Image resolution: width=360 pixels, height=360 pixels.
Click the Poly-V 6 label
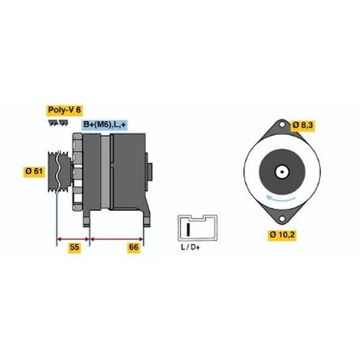tap(65, 110)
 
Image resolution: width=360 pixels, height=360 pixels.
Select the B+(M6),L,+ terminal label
tap(105, 125)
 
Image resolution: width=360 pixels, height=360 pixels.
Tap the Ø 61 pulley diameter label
tap(34, 172)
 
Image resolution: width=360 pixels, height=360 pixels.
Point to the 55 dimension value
tap(74, 247)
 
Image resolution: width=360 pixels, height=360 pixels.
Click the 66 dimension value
tap(134, 247)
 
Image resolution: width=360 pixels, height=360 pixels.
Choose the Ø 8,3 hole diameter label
tap(303, 126)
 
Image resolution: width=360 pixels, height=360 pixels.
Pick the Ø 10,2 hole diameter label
tap(282, 234)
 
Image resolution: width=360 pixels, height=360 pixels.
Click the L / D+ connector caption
tap(190, 247)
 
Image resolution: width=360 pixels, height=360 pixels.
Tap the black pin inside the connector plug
tap(188, 229)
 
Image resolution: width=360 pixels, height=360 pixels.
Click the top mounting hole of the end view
tap(282, 125)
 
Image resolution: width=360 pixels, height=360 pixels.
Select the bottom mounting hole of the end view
tap(282, 218)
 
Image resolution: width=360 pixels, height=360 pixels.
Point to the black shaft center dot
tap(282, 172)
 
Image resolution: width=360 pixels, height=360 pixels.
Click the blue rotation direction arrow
tap(280, 199)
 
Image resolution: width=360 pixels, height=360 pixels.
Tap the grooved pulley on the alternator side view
tap(59, 172)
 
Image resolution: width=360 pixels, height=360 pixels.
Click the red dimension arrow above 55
tap(73, 239)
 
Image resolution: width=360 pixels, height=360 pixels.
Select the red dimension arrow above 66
tap(117, 239)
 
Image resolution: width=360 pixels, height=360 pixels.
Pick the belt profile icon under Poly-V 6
tap(58, 123)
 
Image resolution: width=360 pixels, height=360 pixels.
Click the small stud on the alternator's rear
tap(150, 172)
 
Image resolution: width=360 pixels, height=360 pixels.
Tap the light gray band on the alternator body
tap(105, 172)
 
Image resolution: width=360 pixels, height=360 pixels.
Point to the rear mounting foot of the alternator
tap(147, 216)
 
